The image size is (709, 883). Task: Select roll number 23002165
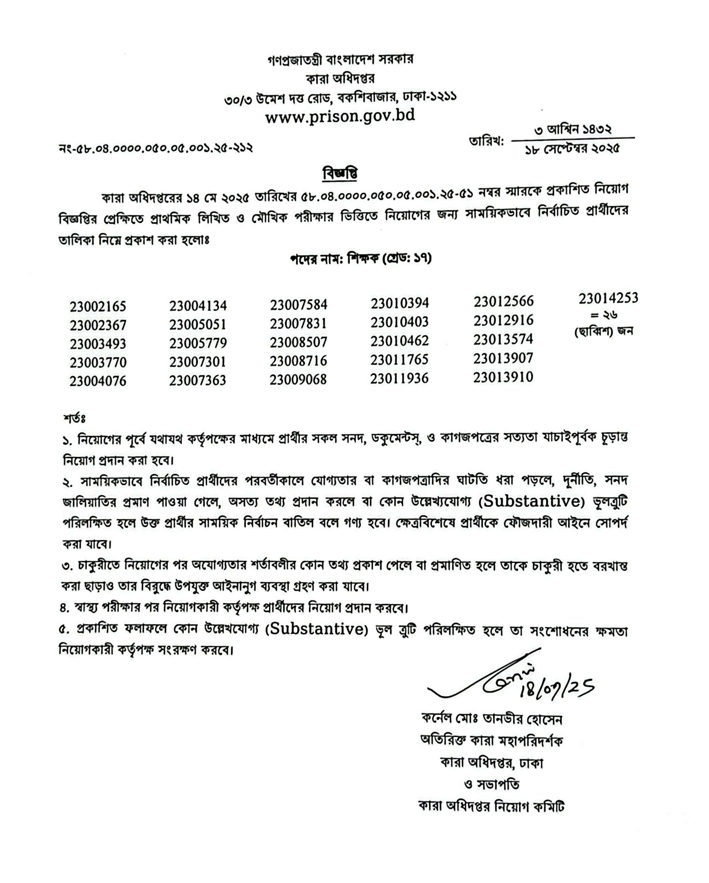98,306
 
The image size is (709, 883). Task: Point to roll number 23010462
400,341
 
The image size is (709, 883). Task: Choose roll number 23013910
503,377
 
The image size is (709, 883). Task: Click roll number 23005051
198,324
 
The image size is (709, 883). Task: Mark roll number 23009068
298,380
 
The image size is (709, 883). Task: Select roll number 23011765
400,360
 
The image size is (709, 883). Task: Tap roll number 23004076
98,381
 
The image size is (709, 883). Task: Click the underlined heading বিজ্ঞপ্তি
340,174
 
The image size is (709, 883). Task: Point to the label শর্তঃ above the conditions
74,418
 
